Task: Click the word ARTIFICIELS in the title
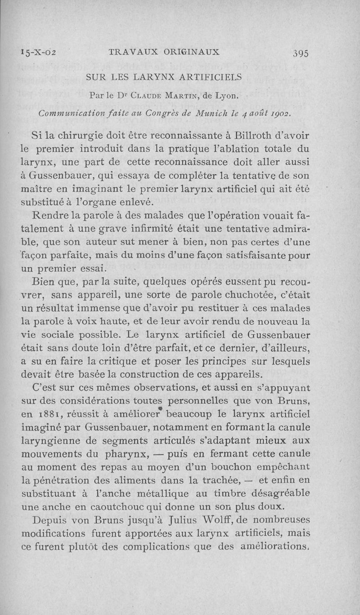click(x=205, y=77)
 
